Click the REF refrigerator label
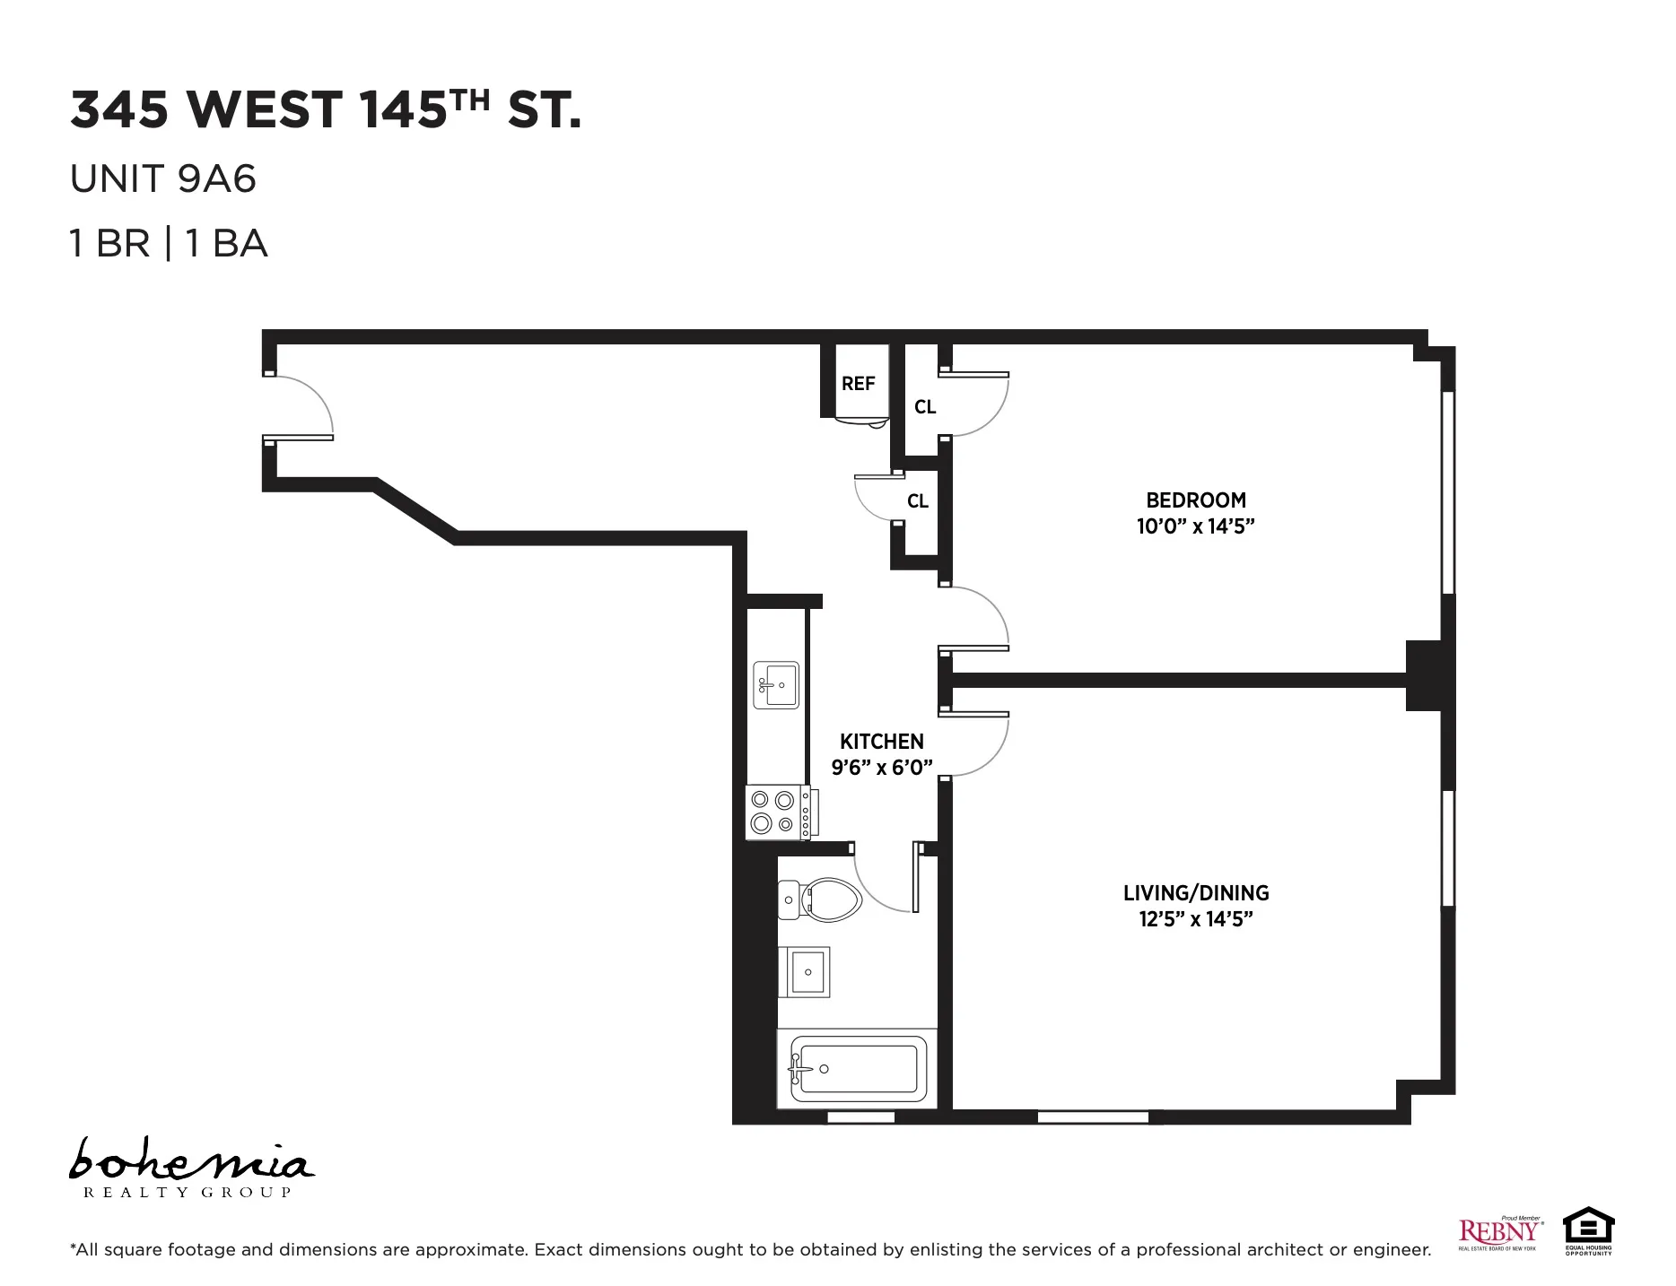click(858, 384)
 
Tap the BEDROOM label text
click(1195, 500)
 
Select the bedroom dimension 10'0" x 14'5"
click(1195, 526)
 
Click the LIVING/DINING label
click(1195, 893)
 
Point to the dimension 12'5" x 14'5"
click(1195, 919)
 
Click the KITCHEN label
click(881, 742)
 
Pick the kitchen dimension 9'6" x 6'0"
click(881, 768)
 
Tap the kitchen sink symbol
click(776, 685)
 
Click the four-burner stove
click(777, 812)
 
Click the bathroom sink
click(808, 972)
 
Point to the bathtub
click(857, 1069)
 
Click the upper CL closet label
click(925, 407)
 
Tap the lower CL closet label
click(917, 501)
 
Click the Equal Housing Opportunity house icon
click(1588, 1229)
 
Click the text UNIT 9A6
click(163, 179)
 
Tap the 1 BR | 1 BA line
click(169, 244)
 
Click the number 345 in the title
click(119, 110)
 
